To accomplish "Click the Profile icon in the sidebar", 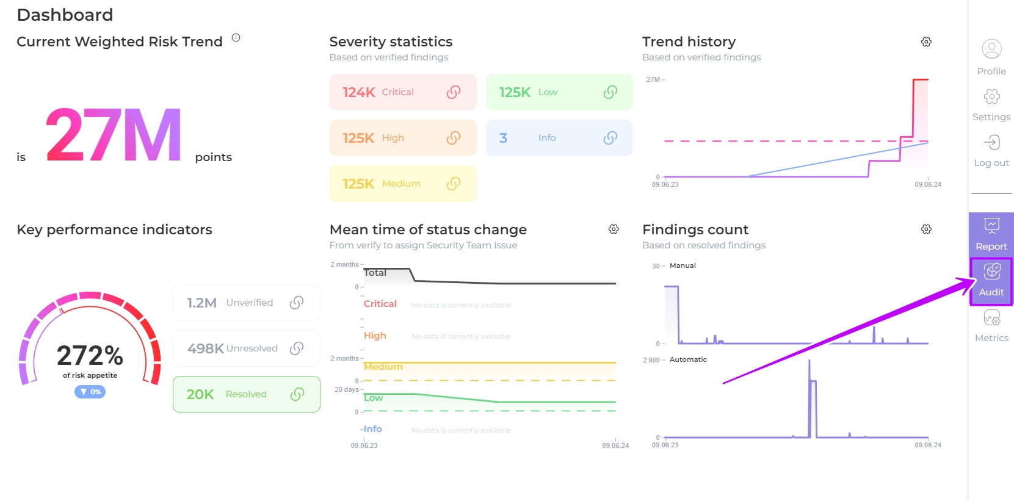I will pyautogui.click(x=991, y=49).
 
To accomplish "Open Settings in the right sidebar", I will pyautogui.click(x=991, y=97).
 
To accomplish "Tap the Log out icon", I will pyautogui.click(x=991, y=143).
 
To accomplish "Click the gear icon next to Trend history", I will pyautogui.click(x=926, y=41).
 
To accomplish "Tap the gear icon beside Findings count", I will pyautogui.click(x=926, y=229).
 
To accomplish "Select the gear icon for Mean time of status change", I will pyautogui.click(x=614, y=229).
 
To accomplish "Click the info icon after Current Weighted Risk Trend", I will pyautogui.click(x=236, y=38).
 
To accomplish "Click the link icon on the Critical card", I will pyautogui.click(x=454, y=92).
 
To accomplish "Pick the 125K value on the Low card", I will pyautogui.click(x=515, y=92).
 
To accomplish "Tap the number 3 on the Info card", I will pyautogui.click(x=503, y=138).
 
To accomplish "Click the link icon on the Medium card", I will pyautogui.click(x=454, y=184).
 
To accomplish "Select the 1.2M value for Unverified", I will pyautogui.click(x=201, y=303).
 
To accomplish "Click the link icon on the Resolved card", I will pyautogui.click(x=297, y=394).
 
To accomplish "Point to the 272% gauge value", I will pyautogui.click(x=90, y=355).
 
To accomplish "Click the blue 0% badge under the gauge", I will pyautogui.click(x=90, y=392).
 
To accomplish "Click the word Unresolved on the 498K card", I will pyautogui.click(x=252, y=348).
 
